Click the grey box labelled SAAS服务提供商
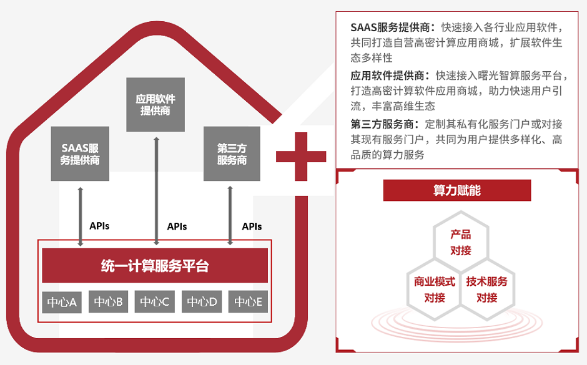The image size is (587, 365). coord(80,154)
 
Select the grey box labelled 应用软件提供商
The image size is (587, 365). coord(155,105)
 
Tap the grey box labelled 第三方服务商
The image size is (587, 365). coord(232,154)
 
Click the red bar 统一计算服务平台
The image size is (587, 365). coord(155,266)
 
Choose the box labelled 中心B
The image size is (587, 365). coord(109,302)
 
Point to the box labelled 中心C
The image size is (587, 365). coord(155,302)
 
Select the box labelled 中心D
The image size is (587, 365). coord(202,302)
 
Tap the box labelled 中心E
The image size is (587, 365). coord(248,302)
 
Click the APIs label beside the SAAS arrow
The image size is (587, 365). coord(99,225)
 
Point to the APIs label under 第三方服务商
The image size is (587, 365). coord(252,226)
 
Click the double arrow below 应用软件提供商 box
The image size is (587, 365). coord(156,187)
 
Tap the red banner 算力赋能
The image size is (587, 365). coord(457,190)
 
